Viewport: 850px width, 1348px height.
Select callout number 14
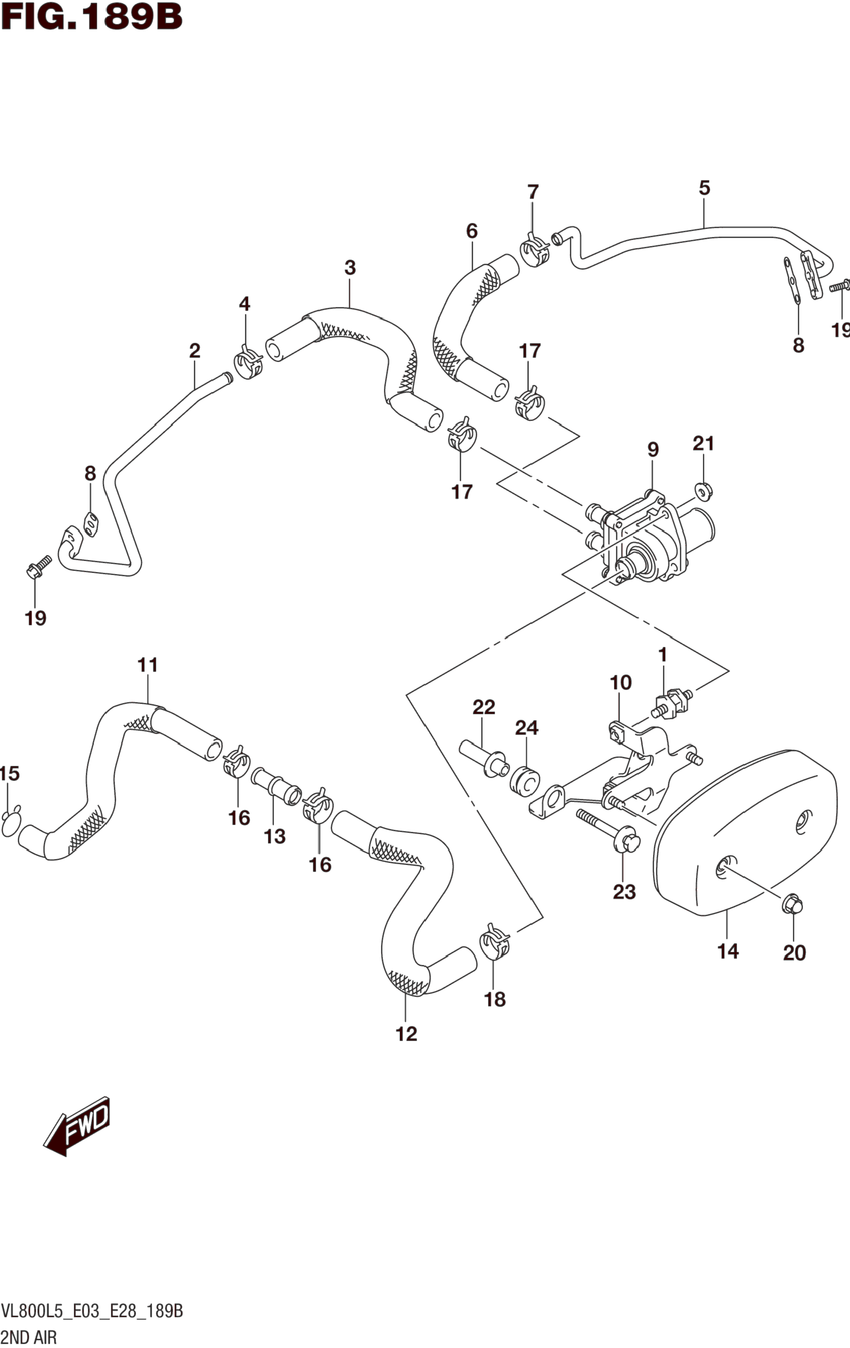pos(728,951)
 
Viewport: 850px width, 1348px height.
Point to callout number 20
pos(794,953)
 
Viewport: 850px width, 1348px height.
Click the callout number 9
pos(653,449)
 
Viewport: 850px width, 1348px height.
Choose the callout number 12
pos(406,1034)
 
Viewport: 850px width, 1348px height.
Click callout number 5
pos(704,188)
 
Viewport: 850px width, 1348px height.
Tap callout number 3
pos(350,268)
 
